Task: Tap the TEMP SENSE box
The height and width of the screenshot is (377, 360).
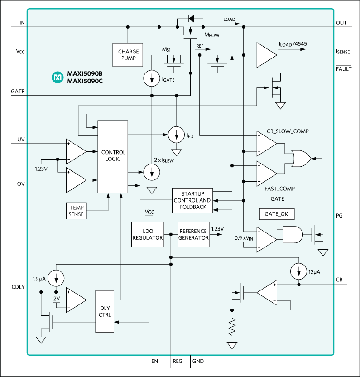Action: tap(77, 211)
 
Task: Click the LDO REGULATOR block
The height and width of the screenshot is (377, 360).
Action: tap(148, 234)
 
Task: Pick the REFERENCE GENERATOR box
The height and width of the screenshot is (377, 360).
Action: tap(194, 234)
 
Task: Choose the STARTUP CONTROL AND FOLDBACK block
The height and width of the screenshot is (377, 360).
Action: tap(192, 200)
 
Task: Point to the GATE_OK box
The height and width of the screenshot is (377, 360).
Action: tap(273, 213)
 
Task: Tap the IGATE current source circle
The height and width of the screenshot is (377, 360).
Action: tap(150, 78)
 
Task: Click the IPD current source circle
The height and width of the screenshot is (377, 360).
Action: tap(176, 134)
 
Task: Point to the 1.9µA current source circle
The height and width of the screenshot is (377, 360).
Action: tap(56, 277)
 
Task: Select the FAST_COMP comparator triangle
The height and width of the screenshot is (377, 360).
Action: tap(267, 172)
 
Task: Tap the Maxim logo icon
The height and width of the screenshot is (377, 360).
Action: tap(58, 77)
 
